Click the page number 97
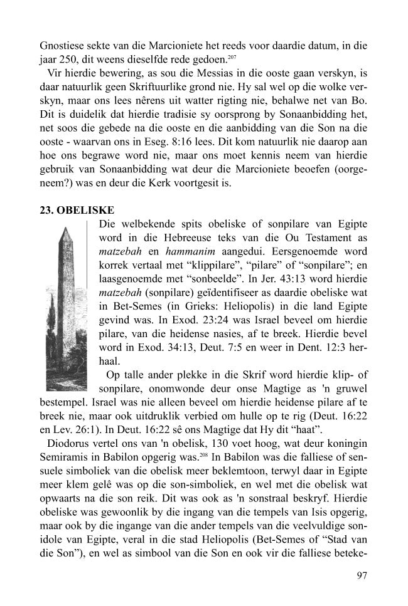click(x=360, y=576)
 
